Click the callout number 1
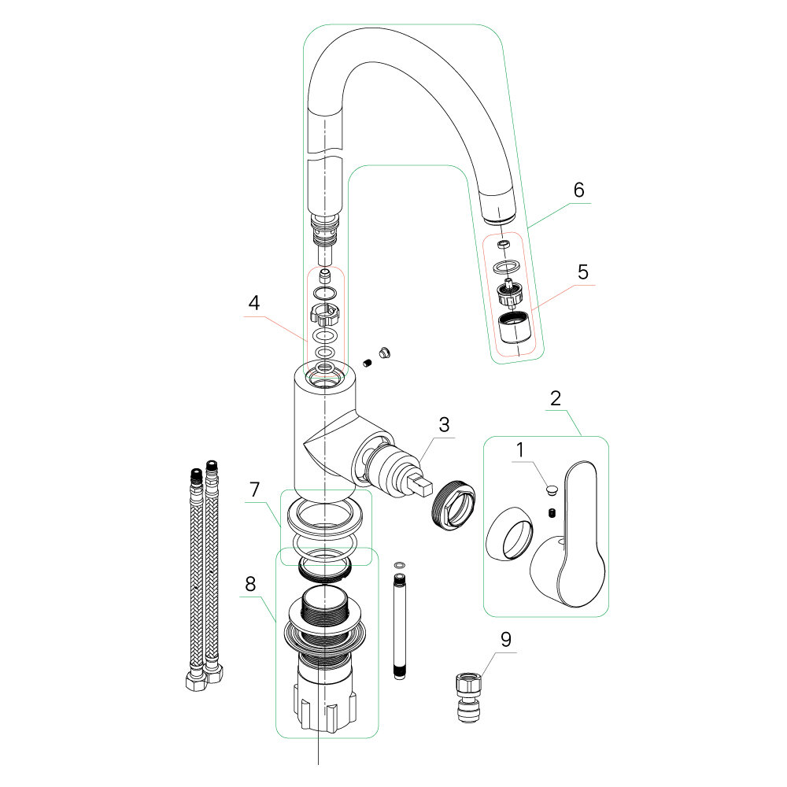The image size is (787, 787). coord(519,451)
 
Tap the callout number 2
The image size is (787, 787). coord(556,397)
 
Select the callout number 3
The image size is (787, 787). coord(444,425)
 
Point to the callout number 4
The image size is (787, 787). coord(253,302)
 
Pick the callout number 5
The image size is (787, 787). coord(582,272)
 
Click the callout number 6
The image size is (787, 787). coord(578,190)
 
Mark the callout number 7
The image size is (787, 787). coord(253,490)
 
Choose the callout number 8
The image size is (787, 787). coord(250,584)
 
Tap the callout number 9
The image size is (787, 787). coord(505,639)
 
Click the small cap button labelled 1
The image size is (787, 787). coord(550,490)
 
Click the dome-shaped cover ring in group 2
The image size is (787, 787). coord(507,535)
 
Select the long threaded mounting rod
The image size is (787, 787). coord(400,626)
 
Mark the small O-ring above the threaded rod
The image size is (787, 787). coord(400,564)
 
